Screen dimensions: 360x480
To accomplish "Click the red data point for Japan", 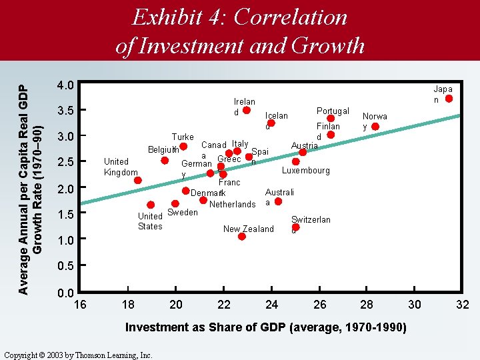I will click(449, 99).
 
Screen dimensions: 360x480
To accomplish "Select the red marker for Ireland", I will click(247, 111).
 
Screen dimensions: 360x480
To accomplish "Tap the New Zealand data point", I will click(242, 237).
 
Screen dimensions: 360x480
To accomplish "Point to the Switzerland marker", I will click(296, 227).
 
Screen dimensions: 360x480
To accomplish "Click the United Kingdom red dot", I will click(137, 180).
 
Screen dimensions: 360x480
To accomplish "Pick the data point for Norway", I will click(375, 127).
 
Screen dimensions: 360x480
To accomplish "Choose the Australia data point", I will click(278, 201).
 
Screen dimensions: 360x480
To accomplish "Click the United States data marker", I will click(151, 205).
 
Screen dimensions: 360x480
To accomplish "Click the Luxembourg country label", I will click(305, 171).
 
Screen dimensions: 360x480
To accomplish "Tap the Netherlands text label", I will click(232, 205).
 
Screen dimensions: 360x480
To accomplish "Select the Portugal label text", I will click(333, 111).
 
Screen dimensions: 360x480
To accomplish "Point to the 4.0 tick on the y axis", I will click(65, 85).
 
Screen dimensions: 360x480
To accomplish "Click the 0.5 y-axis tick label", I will click(65, 266).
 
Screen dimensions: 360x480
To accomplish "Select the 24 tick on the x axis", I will click(271, 305).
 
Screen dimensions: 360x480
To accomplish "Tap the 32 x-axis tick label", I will click(463, 305).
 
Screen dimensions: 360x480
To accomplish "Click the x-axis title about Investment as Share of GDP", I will click(266, 327).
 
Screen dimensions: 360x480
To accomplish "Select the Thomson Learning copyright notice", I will click(78, 355).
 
